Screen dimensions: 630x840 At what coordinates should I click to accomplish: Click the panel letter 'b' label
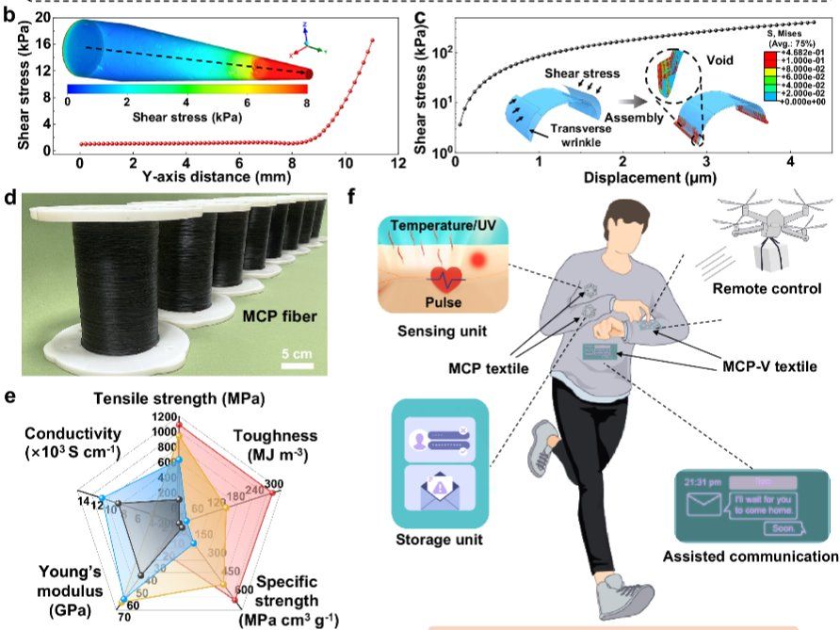coord(10,13)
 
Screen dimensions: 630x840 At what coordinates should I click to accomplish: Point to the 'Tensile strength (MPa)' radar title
coord(181,398)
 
